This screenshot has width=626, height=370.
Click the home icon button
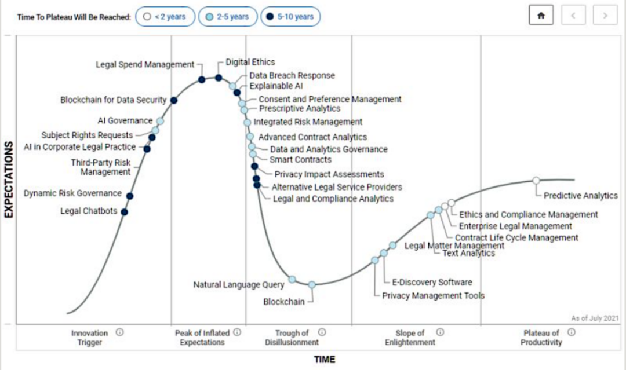pos(541,16)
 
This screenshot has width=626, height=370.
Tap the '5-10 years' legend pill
pos(290,17)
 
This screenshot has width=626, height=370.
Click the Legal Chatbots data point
pos(125,212)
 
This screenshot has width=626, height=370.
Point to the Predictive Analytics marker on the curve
pos(536,181)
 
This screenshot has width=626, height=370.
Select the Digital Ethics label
pos(250,62)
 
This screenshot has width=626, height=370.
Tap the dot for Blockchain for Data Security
pos(174,101)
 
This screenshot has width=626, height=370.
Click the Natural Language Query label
pos(239,284)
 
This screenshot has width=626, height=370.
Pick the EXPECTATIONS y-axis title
pos(9,179)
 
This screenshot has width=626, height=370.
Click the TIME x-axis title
pos(325,360)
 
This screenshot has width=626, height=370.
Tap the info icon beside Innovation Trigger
pos(119,332)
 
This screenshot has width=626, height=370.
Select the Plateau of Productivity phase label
pos(541,338)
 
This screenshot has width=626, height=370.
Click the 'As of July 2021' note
pos(595,318)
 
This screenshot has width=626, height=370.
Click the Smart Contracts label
pos(301,160)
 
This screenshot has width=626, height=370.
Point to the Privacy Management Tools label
pos(433,296)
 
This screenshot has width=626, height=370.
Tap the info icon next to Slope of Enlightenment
pos(440,332)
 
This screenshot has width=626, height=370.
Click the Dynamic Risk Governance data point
pos(130,196)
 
